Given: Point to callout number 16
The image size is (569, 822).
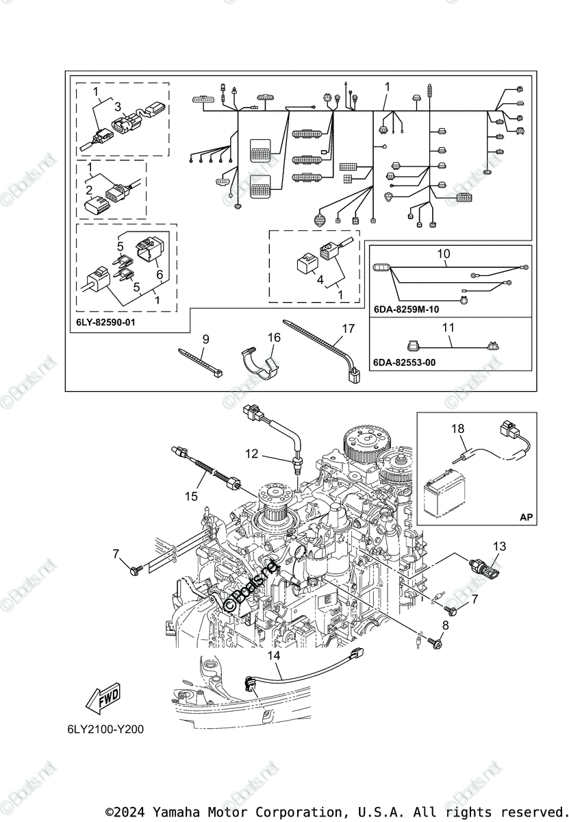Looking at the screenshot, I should pyautogui.click(x=274, y=337).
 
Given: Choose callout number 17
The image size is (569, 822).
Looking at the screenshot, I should pyautogui.click(x=349, y=329).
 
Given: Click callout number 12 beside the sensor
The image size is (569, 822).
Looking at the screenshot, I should pyautogui.click(x=252, y=453).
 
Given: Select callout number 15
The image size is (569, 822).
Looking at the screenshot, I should pyautogui.click(x=192, y=495).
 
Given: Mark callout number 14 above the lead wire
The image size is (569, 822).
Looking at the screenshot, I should pyautogui.click(x=274, y=656).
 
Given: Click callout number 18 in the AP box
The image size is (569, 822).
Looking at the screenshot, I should pyautogui.click(x=457, y=429).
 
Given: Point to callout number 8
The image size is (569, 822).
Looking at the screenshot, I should pyautogui.click(x=445, y=625).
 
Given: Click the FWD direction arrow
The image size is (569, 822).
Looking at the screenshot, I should pyautogui.click(x=102, y=699).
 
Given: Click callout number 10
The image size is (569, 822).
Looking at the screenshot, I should pyautogui.click(x=444, y=254).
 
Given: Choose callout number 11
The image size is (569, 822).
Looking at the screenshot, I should pyautogui.click(x=448, y=327).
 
